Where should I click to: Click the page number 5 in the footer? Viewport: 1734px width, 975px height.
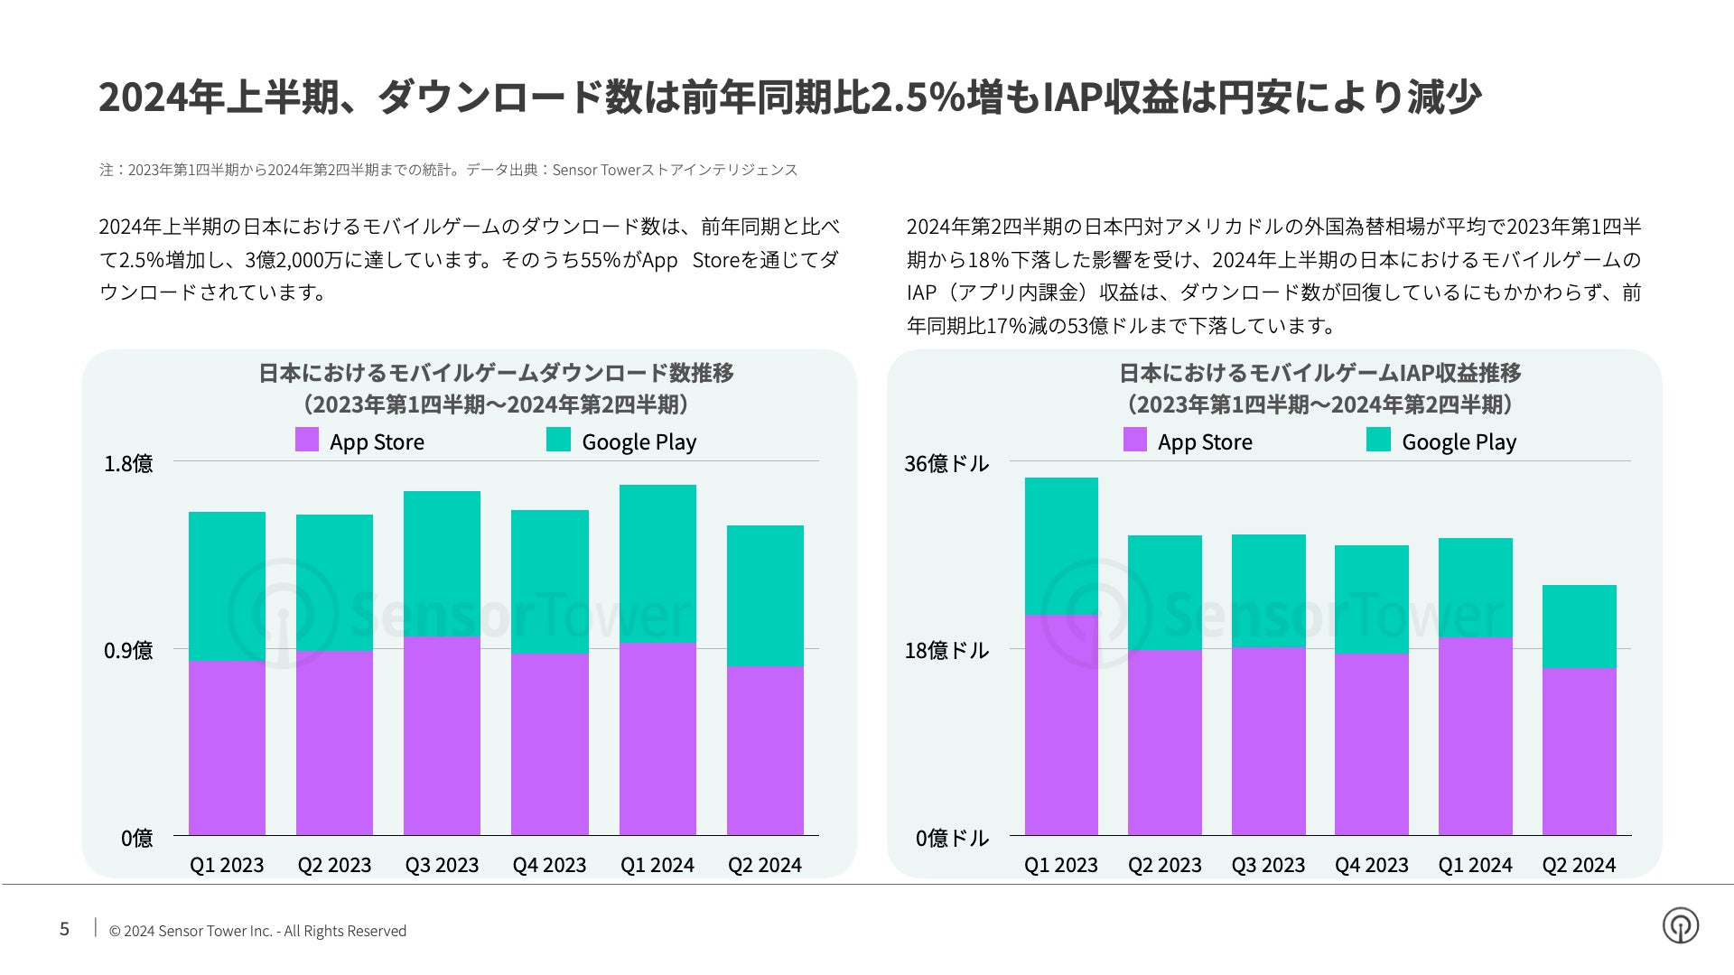click(x=64, y=929)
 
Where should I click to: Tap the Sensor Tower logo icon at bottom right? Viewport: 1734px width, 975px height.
click(x=1680, y=925)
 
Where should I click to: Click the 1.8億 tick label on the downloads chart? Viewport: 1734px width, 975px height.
click(x=128, y=463)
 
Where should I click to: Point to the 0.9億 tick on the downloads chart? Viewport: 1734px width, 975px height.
click(x=128, y=650)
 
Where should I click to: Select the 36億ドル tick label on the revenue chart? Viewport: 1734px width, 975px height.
click(x=946, y=463)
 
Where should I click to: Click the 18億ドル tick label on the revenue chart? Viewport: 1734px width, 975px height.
click(x=946, y=650)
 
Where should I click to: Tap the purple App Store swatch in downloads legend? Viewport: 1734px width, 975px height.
click(x=307, y=440)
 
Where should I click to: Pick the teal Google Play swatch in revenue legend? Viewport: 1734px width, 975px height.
click(x=1378, y=440)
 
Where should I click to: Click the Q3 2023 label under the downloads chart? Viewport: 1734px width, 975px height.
click(x=442, y=865)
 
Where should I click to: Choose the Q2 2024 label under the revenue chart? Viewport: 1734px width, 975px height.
click(x=1579, y=865)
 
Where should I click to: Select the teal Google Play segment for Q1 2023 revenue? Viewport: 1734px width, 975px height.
click(x=1061, y=546)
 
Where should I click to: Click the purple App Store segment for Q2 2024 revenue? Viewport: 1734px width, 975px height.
click(x=1579, y=751)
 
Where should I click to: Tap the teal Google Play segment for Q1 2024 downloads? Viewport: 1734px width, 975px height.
click(x=657, y=563)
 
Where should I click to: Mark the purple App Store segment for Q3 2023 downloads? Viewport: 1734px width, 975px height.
click(x=442, y=736)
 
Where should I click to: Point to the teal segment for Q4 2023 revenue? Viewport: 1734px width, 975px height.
click(x=1371, y=599)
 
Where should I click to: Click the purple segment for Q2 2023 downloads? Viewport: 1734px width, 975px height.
click(x=334, y=743)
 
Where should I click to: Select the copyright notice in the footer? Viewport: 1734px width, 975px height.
click(x=257, y=931)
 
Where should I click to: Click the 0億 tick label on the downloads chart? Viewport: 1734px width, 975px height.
click(x=136, y=838)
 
